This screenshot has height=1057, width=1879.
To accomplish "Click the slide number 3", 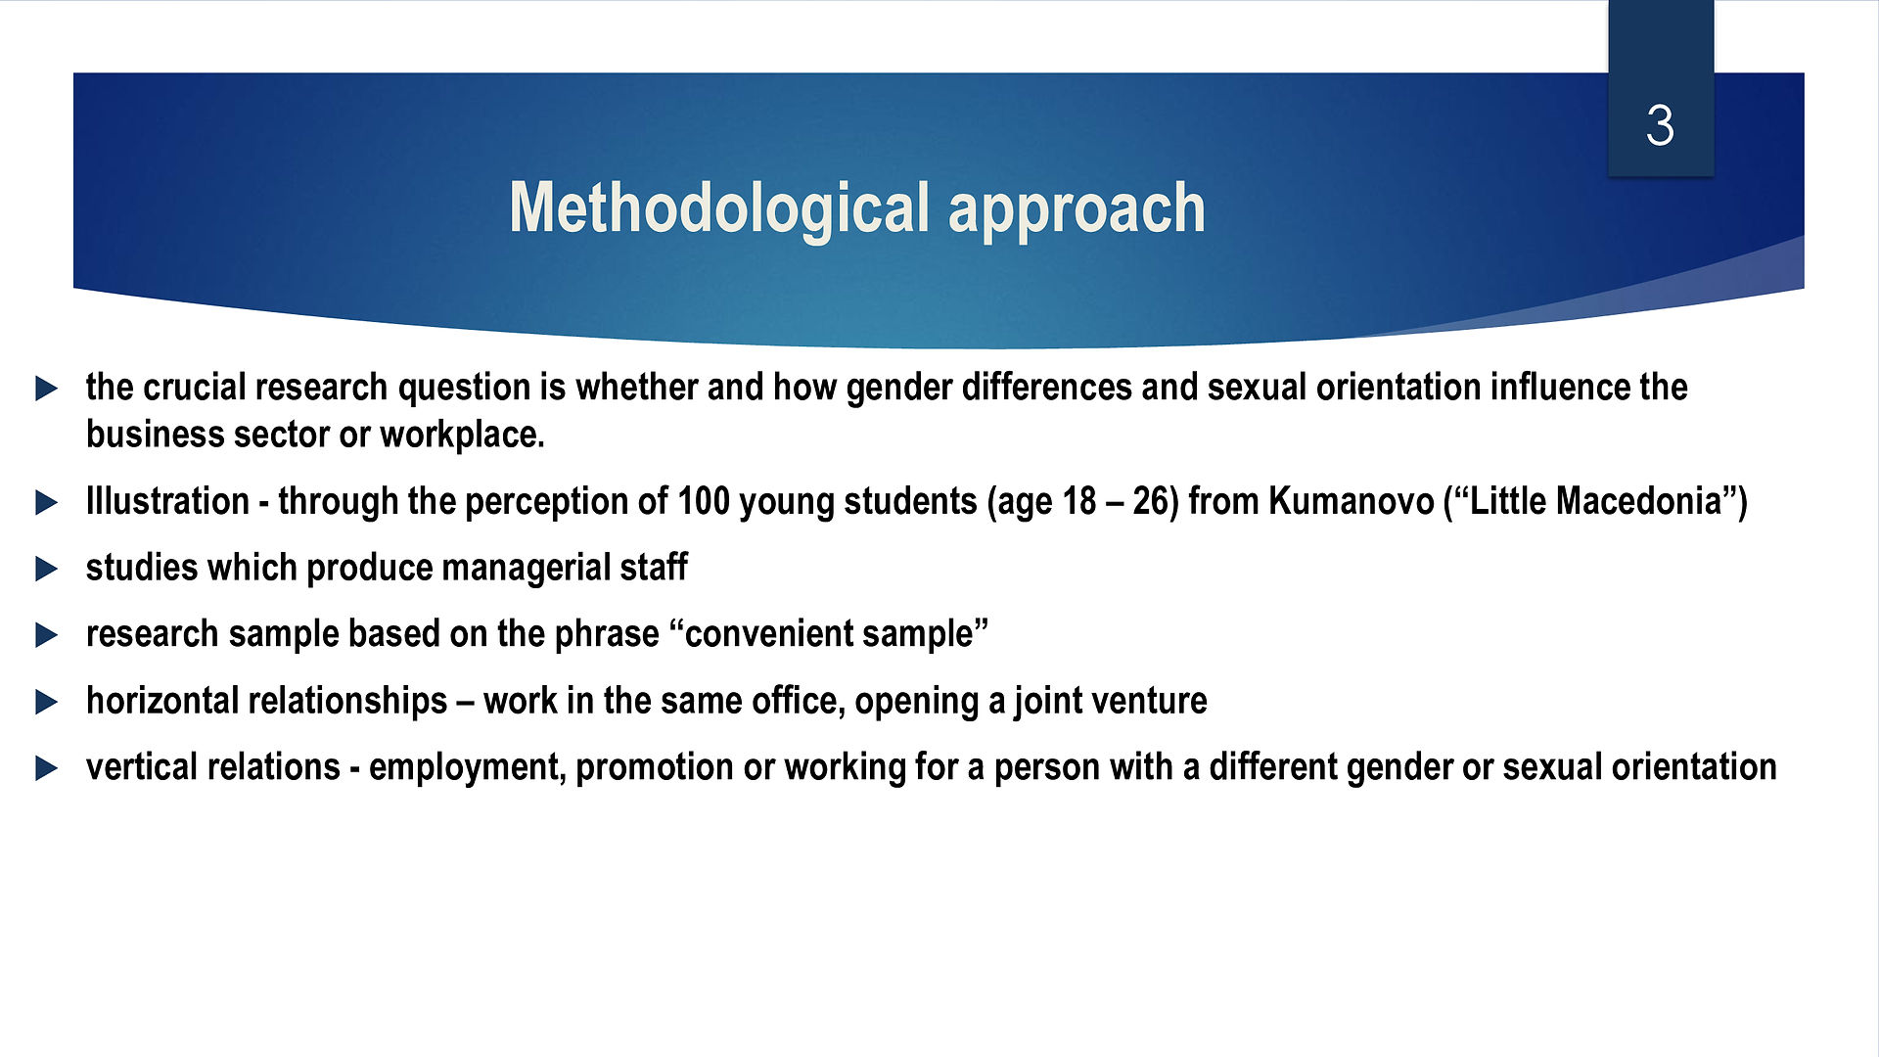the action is click(x=1660, y=125).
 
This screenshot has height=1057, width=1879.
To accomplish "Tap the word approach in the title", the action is click(x=1077, y=210).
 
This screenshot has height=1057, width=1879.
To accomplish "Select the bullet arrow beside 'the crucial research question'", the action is click(x=46, y=389).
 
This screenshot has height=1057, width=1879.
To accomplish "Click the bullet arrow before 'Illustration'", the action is click(x=46, y=503).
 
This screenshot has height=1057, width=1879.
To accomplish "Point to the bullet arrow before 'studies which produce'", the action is click(x=46, y=570).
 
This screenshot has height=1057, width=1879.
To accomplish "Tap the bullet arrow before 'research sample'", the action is click(x=46, y=636).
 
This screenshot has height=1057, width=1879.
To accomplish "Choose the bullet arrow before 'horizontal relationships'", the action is click(x=46, y=703).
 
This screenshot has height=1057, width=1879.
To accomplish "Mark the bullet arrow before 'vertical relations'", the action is click(x=46, y=769).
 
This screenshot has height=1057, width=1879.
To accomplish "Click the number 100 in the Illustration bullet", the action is click(x=704, y=501).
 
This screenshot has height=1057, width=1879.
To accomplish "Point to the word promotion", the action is click(x=655, y=768).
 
